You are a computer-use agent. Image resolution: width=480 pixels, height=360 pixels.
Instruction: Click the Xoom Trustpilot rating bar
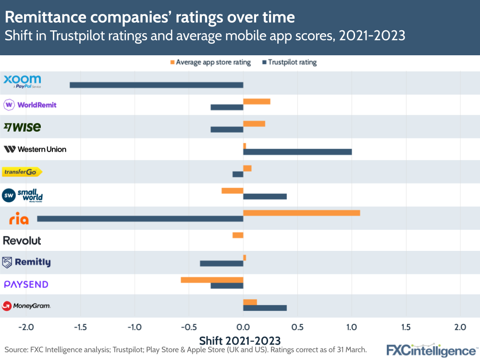[x=156, y=85]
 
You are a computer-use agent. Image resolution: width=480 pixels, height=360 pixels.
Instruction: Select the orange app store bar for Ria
[x=301, y=213]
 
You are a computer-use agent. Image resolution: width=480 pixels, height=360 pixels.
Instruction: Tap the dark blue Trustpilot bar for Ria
[x=140, y=219]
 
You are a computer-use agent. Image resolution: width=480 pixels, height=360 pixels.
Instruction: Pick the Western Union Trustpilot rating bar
[x=297, y=152]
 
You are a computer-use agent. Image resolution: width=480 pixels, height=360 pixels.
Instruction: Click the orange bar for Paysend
[x=212, y=280]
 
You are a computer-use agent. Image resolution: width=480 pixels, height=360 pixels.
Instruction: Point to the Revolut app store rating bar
[x=238, y=235]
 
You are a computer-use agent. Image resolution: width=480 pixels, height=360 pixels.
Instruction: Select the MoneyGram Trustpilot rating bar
[x=265, y=308]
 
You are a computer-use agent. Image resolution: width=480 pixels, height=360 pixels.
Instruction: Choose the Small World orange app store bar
[x=232, y=191]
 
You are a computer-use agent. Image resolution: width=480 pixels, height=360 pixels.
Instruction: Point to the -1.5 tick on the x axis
[x=80, y=327]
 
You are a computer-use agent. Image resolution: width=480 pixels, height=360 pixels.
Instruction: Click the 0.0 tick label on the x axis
[x=243, y=327]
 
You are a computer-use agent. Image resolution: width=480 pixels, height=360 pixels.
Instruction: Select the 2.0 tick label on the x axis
[x=460, y=327]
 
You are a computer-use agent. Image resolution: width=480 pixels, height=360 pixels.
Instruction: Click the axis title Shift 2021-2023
[x=240, y=340]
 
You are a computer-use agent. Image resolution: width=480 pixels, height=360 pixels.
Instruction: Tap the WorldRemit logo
[x=30, y=105]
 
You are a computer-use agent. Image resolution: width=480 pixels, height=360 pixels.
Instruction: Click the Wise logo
[x=22, y=127]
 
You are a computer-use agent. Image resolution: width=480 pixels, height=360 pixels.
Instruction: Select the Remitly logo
[x=26, y=262]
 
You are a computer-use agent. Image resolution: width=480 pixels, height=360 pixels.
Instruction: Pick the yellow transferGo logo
[x=22, y=172]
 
